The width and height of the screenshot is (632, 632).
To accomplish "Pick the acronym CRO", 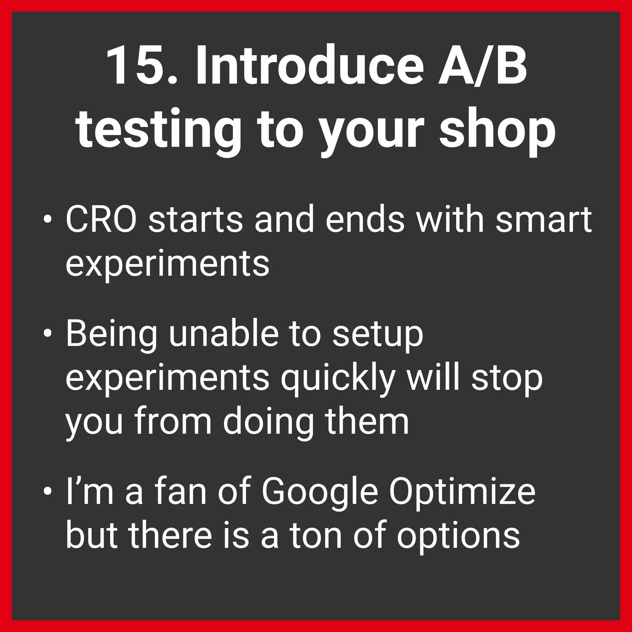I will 101,220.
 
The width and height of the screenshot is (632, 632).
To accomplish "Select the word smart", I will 543,220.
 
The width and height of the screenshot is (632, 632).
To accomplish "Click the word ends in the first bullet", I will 365,220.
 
